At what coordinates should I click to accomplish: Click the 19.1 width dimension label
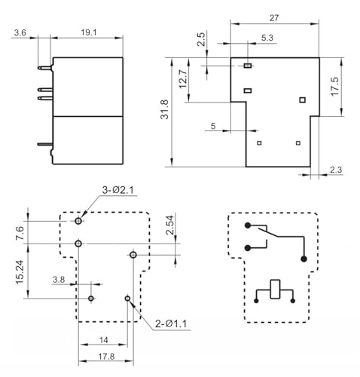[x=89, y=32]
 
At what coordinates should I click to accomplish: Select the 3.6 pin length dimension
[x=20, y=32]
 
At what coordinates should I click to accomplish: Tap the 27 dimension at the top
[x=274, y=18]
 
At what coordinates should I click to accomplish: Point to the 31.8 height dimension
[x=165, y=109]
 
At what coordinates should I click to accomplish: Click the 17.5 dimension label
[x=334, y=87]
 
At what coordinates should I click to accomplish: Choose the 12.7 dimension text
[x=183, y=79]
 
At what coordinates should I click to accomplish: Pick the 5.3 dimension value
[x=267, y=38]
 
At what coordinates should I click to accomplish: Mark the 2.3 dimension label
[x=336, y=170]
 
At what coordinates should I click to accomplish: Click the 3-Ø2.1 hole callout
[x=118, y=190]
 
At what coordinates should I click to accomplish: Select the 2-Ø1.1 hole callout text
[x=171, y=323]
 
